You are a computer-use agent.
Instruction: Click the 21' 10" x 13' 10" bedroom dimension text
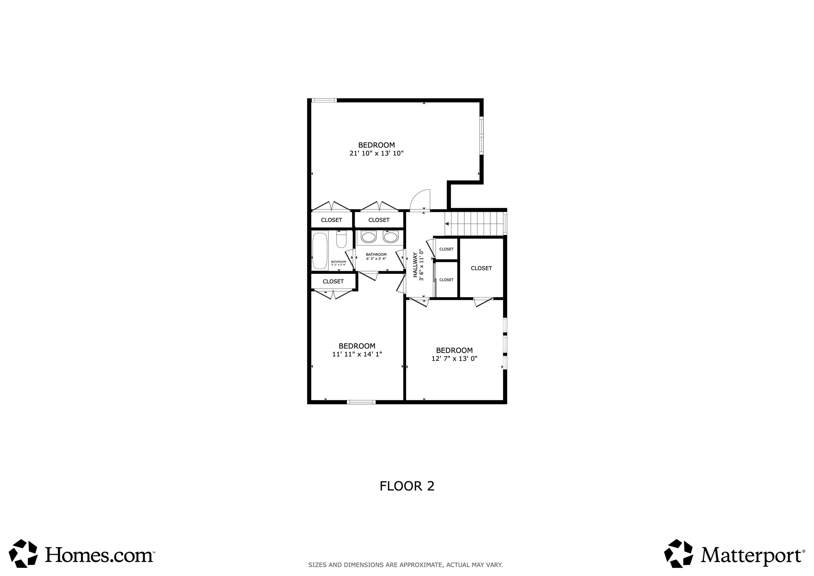coord(376,153)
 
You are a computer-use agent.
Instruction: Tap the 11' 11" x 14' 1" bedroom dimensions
coord(357,354)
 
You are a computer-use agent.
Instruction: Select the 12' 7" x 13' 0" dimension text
coord(454,359)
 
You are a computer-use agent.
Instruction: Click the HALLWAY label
coord(415,265)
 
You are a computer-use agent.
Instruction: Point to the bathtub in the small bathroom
coord(320,250)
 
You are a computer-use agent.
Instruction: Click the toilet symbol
coord(341,240)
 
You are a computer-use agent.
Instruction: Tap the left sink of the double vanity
coord(369,237)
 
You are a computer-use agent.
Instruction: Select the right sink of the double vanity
coord(391,237)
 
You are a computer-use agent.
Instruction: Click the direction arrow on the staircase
coord(447,224)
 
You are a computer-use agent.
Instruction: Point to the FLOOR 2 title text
coord(407,486)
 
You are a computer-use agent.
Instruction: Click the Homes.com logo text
coord(99,555)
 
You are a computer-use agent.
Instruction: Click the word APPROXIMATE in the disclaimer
coord(421,565)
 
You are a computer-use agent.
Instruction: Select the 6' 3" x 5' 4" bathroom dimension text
coord(376,259)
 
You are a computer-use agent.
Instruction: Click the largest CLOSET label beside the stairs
coord(481,268)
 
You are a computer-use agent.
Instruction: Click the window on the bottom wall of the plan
coord(361,402)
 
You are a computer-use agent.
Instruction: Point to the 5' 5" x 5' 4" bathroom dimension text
coord(338,265)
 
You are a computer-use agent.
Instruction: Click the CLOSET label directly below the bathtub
coord(333,282)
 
